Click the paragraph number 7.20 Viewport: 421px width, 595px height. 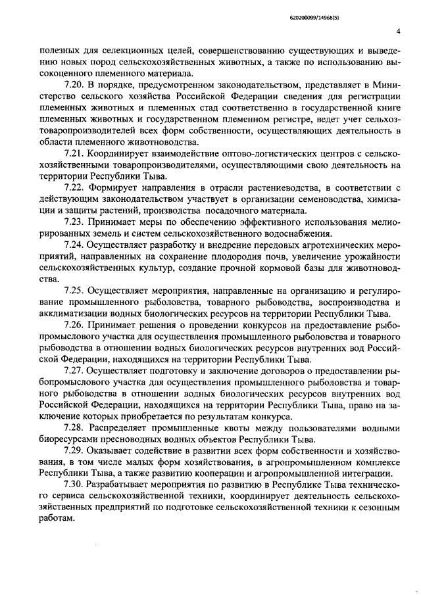76,85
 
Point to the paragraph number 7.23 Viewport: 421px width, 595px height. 76,222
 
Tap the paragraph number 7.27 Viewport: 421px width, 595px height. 76,371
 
